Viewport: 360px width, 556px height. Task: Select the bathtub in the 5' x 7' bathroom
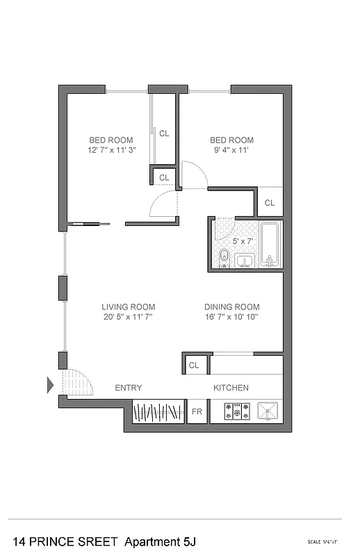pos(270,245)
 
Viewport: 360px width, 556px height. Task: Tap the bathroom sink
pos(244,261)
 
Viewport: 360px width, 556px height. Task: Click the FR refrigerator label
pos(197,411)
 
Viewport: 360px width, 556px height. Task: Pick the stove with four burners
pos(236,411)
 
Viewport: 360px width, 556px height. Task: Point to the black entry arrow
pos(50,384)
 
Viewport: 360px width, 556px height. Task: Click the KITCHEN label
pos(231,388)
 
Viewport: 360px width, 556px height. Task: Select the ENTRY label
pos(128,388)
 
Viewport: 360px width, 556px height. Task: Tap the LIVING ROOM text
pos(128,306)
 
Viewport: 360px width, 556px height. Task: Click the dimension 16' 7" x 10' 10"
pos(231,317)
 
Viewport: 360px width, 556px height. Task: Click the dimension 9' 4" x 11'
pos(231,150)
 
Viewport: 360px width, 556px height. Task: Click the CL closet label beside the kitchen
pos(194,364)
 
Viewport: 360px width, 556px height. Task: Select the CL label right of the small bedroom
pos(269,203)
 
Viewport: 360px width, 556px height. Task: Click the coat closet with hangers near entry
pos(158,411)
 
